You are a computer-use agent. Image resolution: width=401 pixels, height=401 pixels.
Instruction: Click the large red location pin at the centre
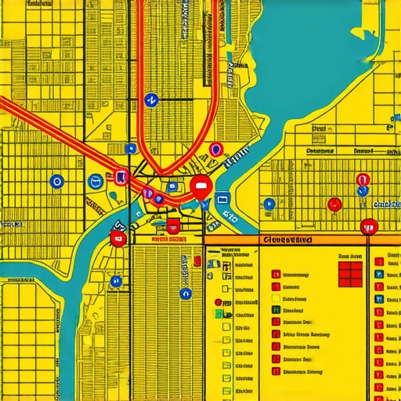(200, 186)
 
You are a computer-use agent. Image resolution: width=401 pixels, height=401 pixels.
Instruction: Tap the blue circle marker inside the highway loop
(151, 99)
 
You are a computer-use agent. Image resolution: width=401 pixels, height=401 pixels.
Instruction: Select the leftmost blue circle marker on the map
(56, 182)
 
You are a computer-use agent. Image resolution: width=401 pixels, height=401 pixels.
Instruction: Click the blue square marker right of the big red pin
(222, 199)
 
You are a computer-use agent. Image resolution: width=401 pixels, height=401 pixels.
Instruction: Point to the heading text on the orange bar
(287, 240)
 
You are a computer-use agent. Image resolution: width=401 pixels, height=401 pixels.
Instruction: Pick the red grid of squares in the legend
(349, 273)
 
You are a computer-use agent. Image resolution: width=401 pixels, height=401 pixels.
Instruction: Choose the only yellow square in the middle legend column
(276, 298)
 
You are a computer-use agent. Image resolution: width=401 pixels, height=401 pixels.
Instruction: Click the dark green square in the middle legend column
(276, 310)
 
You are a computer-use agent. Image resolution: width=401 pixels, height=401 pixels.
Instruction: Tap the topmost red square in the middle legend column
(276, 275)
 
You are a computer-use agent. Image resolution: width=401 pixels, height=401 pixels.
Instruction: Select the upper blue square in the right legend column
(379, 275)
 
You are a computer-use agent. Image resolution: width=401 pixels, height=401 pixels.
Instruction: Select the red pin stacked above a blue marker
(361, 181)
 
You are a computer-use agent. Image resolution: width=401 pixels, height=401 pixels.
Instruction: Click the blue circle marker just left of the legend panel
(185, 294)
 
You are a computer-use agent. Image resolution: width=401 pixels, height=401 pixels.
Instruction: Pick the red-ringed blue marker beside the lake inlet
(216, 149)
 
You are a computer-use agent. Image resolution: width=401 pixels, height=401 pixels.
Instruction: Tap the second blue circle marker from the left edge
(96, 181)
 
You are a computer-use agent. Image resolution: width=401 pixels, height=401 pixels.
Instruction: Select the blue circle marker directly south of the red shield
(117, 280)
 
